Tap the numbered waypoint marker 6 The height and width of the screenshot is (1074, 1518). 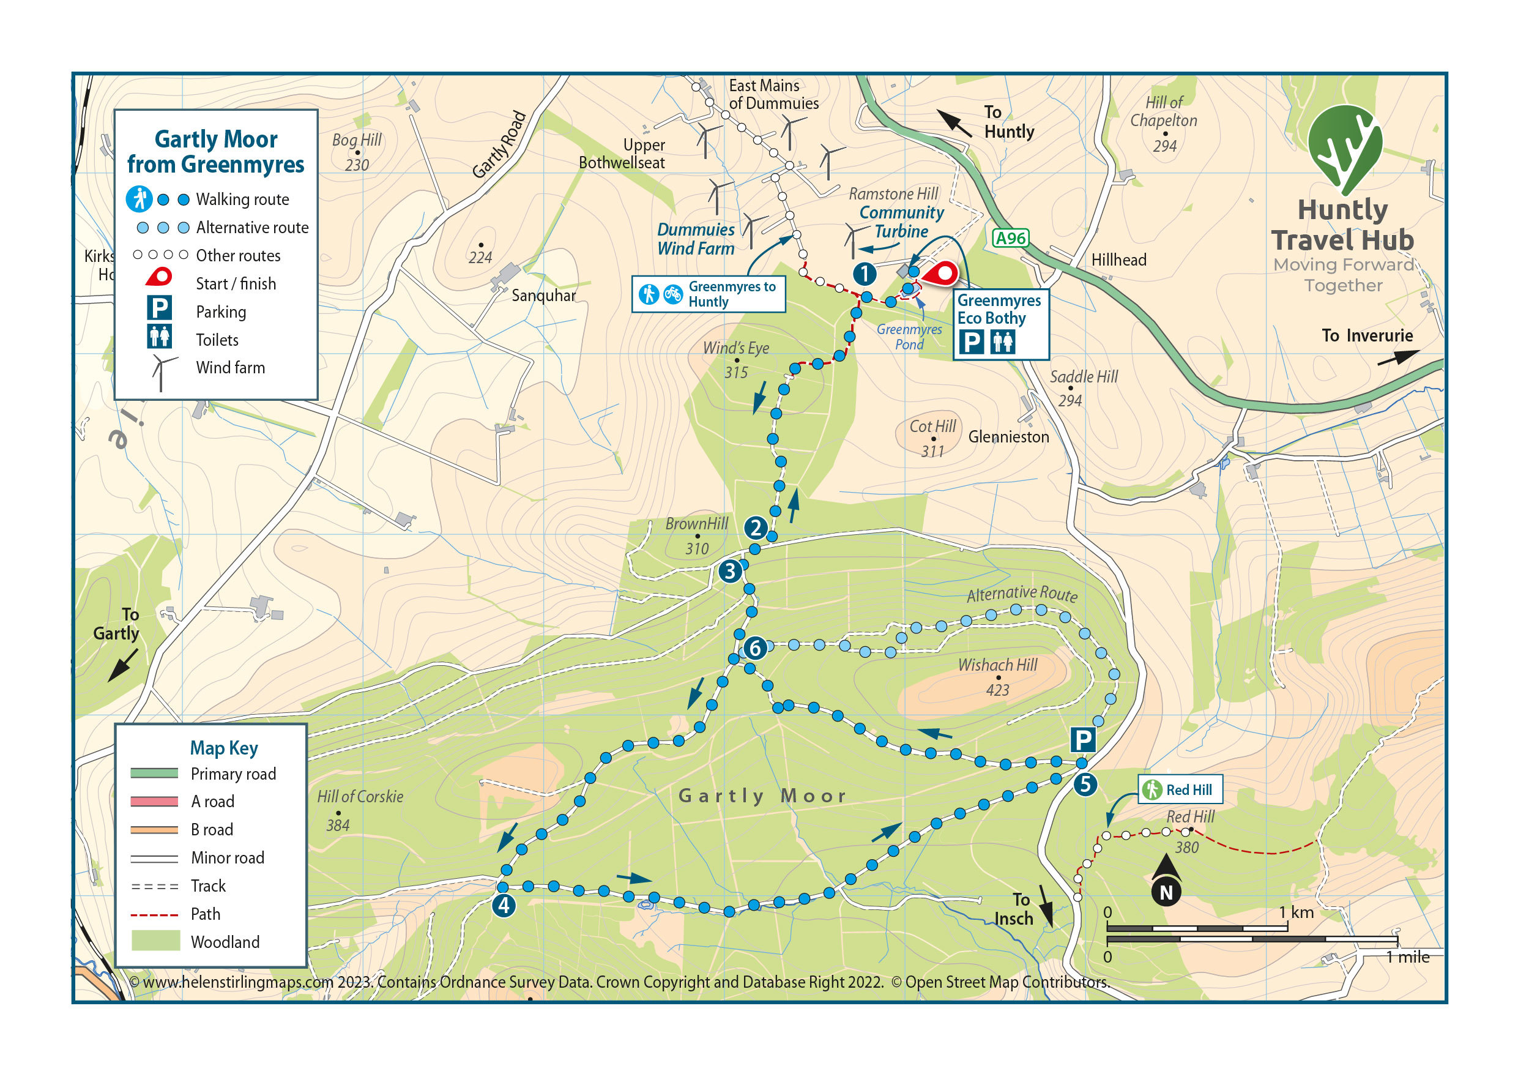point(754,648)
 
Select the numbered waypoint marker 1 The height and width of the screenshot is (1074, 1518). point(864,273)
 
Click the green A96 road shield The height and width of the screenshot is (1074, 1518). point(1010,238)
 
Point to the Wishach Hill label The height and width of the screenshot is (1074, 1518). point(997,665)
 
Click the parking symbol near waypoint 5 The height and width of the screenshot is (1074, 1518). point(1082,739)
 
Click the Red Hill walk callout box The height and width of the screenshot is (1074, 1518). point(1180,789)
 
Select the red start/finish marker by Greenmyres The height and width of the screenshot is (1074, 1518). point(942,274)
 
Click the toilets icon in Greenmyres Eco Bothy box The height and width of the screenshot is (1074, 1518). point(1002,342)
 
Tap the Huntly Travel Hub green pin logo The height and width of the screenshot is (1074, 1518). point(1344,149)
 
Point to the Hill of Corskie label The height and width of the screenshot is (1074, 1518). point(360,796)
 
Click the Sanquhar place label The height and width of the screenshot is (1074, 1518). point(543,296)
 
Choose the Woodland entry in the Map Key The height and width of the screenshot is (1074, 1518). point(225,942)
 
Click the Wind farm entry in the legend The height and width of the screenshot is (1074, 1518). point(229,368)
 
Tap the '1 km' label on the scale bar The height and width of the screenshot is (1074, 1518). point(1296,912)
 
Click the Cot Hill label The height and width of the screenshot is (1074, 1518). point(932,427)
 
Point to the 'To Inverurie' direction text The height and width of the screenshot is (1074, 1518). point(1367,336)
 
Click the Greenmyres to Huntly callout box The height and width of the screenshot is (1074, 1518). point(708,294)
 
